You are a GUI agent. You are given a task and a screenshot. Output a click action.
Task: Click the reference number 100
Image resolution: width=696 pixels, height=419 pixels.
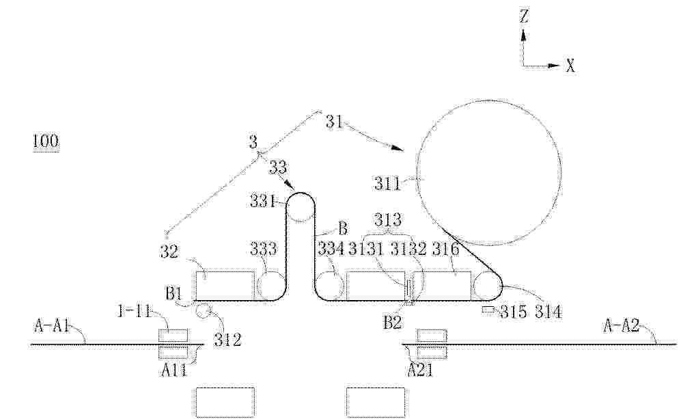pyautogui.click(x=46, y=141)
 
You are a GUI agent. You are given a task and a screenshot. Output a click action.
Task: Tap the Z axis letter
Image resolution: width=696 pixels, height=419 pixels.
pyautogui.click(x=524, y=16)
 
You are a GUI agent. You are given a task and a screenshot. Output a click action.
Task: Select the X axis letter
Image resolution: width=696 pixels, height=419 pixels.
pyautogui.click(x=570, y=66)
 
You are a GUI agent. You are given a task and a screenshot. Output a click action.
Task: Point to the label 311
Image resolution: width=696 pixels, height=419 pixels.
pyautogui.click(x=387, y=183)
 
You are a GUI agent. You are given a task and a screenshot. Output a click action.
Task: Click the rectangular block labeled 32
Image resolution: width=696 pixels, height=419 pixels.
pyautogui.click(x=225, y=286)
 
